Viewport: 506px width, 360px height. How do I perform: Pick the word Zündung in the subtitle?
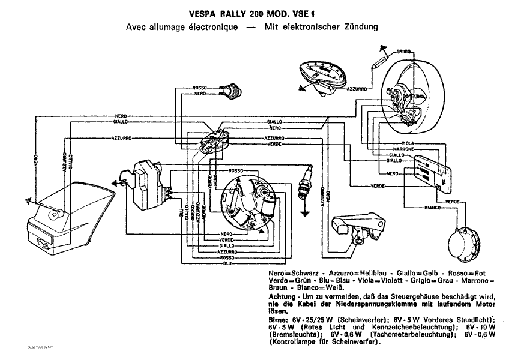(360, 28)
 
